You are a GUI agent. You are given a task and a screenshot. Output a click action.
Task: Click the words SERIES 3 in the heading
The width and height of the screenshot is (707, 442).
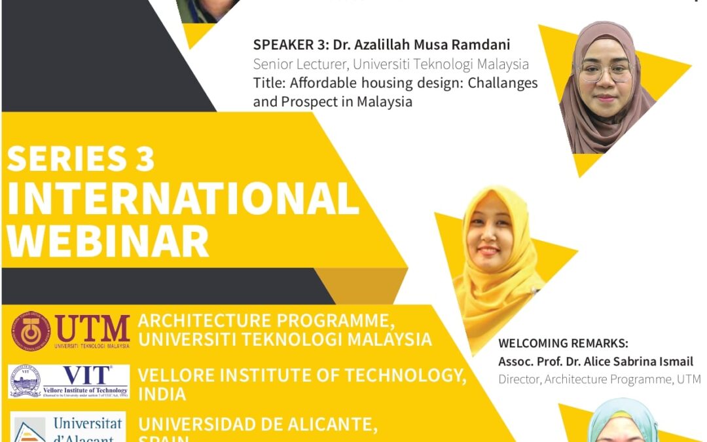coord(81,158)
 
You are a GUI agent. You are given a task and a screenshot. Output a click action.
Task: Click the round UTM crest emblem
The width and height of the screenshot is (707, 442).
coord(30,331)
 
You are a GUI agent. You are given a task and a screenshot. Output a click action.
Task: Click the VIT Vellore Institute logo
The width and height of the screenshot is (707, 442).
coord(69,381)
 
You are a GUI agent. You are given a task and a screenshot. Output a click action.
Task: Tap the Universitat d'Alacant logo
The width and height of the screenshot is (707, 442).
coord(68,427)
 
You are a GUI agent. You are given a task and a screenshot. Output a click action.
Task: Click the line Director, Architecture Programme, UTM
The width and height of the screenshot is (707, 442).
coord(599,379)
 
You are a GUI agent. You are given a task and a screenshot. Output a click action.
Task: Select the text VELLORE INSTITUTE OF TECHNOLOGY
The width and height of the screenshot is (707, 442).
coord(302,375)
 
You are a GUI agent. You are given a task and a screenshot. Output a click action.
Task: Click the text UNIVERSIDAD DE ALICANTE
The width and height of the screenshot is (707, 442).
coord(258,424)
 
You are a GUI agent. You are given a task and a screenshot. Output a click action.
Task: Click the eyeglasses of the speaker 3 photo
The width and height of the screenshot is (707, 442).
coord(605,72)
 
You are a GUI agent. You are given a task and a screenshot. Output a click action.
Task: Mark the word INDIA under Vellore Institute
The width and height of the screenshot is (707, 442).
coord(162,394)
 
